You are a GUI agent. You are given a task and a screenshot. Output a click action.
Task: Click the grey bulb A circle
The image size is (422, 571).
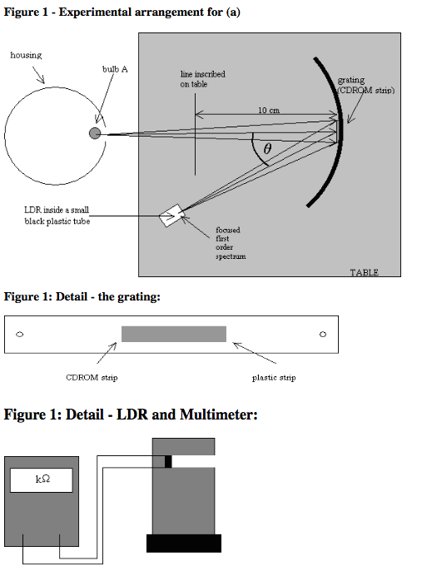[95, 133]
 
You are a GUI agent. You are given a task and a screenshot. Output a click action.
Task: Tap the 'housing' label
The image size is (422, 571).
[26, 55]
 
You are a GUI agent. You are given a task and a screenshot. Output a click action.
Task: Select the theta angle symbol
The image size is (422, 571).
[267, 148]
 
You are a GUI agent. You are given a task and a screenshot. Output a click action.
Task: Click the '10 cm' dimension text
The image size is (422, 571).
[269, 110]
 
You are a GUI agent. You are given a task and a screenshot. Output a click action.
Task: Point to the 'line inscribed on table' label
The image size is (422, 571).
[202, 79]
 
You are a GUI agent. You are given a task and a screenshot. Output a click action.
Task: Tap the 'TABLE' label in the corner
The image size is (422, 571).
[364, 272]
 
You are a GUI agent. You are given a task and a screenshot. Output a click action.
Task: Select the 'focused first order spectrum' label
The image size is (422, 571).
[231, 243]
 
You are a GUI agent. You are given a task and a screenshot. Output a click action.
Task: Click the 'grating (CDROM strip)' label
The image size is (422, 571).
[365, 85]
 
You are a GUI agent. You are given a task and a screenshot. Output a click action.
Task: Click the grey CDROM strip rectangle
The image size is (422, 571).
[174, 334]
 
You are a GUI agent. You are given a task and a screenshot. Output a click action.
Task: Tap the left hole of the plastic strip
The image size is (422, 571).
[20, 334]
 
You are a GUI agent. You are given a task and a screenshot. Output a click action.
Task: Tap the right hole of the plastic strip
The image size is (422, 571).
[323, 334]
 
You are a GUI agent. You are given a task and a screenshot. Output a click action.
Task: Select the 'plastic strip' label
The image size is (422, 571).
[274, 378]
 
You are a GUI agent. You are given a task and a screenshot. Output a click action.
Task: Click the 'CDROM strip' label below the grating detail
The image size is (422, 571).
[92, 377]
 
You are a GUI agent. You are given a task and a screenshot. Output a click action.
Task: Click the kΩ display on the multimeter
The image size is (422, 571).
[42, 480]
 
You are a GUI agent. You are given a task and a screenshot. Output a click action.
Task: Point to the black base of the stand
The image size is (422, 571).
[184, 544]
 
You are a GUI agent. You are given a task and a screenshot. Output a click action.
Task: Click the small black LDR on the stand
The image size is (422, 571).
[168, 461]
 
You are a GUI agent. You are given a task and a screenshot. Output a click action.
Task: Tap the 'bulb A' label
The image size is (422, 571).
[115, 69]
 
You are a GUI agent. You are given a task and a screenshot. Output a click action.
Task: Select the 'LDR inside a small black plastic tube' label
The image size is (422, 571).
[57, 216]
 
